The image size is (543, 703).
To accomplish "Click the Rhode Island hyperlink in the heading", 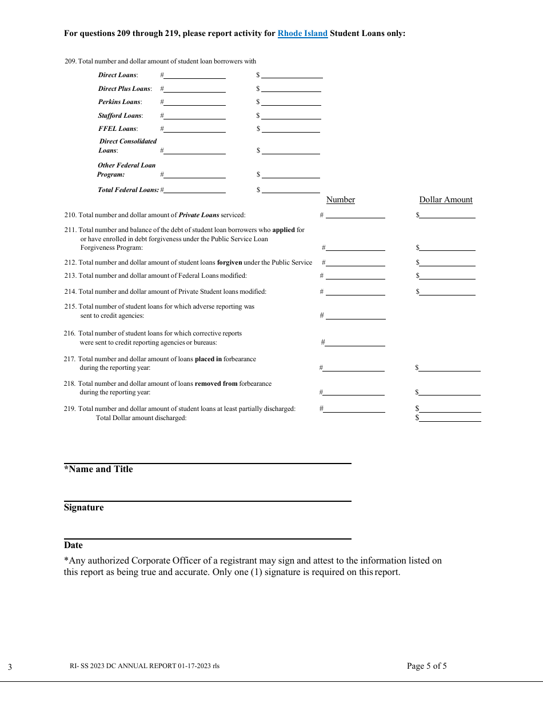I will point(302,34).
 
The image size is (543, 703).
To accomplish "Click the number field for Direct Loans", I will point(194,74).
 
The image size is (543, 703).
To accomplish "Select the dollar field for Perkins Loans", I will point(291,101).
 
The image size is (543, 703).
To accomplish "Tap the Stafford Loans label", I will point(120,115).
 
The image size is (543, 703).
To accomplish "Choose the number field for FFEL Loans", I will point(194,128).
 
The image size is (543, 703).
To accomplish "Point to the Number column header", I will point(341,199).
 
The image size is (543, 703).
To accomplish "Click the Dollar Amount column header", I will point(446,199).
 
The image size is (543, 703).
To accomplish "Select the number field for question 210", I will point(355,214).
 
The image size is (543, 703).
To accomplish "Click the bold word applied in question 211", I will point(284,230).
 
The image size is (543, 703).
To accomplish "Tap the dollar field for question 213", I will point(448,275).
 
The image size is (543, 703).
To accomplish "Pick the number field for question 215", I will point(355,315).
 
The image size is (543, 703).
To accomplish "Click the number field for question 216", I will point(355,342).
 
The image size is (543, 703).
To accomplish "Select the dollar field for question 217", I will point(450,368).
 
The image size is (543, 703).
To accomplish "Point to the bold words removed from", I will point(216,384).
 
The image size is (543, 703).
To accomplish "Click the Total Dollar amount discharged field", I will point(450,418).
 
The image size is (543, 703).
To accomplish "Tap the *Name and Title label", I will point(98,469).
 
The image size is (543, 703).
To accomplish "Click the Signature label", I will point(84,508).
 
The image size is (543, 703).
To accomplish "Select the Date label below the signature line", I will point(73,545).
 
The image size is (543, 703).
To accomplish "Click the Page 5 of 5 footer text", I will point(426,666).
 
